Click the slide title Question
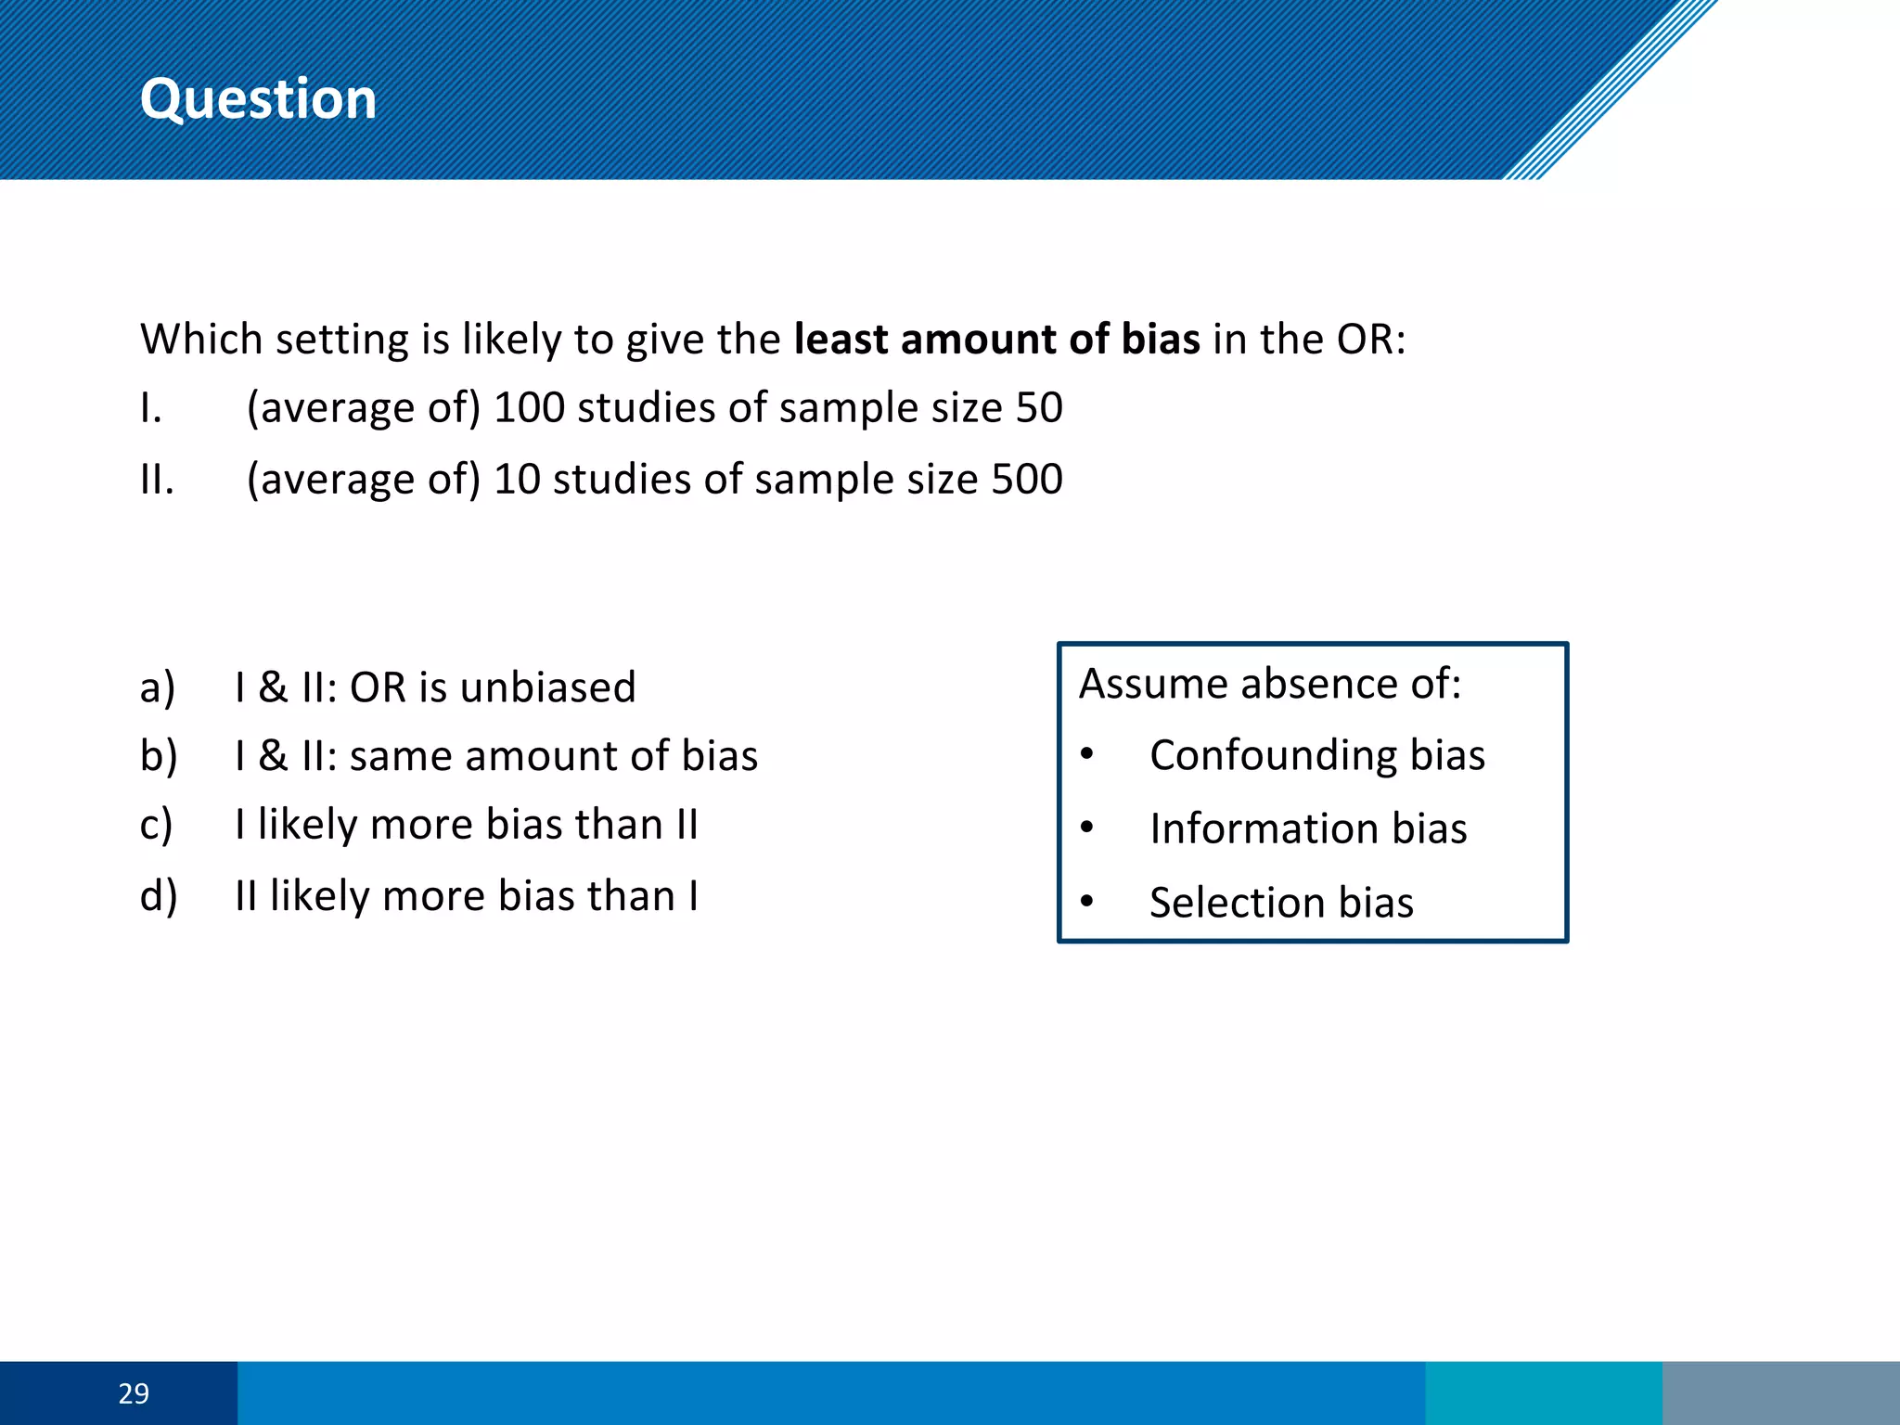pos(258,98)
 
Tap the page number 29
pos(134,1393)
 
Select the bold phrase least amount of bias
pos(997,339)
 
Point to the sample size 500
pos(1026,479)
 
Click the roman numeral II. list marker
pos(157,479)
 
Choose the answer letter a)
pos(158,687)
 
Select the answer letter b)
pos(158,755)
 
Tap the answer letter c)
pos(157,824)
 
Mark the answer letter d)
pos(158,895)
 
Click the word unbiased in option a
pos(547,687)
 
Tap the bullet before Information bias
pos(1087,826)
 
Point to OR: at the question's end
pos(1370,339)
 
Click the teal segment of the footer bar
pos(1543,1393)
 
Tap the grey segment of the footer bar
pos(1780,1393)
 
